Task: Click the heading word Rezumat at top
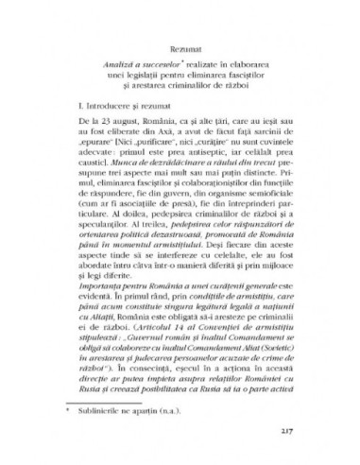tap(180, 45)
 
